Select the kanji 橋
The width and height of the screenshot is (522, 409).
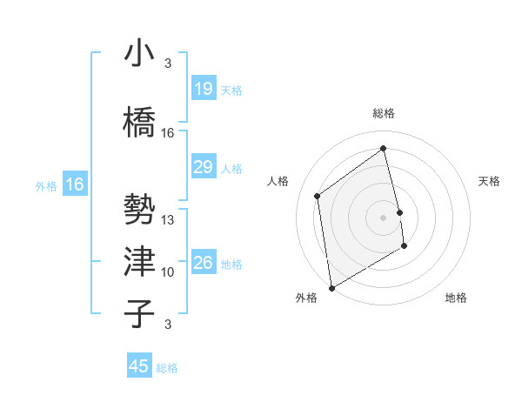point(140,123)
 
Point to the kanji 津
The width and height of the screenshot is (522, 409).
point(140,262)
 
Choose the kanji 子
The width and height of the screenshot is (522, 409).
point(140,313)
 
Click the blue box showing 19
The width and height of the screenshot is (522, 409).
point(203,89)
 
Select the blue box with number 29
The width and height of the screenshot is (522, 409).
point(203,167)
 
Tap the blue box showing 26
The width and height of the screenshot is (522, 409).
point(203,263)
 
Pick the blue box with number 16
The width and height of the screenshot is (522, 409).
point(75,184)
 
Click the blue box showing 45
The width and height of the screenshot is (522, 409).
point(139,366)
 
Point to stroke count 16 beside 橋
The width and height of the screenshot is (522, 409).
point(168,133)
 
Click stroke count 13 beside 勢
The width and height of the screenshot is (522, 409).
point(168,220)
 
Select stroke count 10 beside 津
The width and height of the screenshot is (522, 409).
point(168,272)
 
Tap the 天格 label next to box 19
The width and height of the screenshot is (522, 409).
point(231,90)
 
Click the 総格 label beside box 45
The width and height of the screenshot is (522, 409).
point(167,368)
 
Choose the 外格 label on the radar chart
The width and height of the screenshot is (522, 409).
point(306,298)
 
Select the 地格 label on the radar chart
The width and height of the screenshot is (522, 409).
point(456,298)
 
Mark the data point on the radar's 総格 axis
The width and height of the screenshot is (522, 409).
point(384,148)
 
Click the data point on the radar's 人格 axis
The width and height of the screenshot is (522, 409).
point(318,196)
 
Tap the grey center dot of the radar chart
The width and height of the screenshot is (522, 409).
point(384,217)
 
